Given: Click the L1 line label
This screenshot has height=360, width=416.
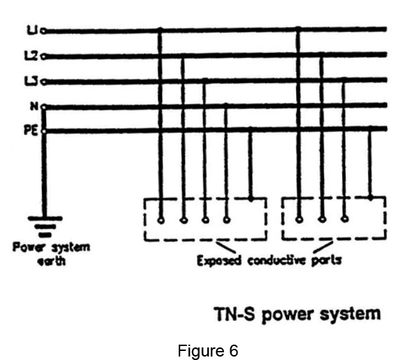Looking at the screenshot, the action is (32, 30).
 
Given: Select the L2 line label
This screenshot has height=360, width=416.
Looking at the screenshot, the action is (31, 56).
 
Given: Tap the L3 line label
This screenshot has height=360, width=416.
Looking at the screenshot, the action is (31, 81).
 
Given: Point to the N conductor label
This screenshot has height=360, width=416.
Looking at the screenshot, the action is (34, 106).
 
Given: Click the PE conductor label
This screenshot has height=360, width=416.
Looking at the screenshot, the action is (31, 130).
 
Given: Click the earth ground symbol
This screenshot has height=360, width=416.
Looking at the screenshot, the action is (45, 227).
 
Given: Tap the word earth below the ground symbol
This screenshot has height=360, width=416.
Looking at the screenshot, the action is (52, 261).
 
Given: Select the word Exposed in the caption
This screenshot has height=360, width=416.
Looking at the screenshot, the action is (219, 261).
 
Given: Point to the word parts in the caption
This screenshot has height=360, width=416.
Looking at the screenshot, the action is (326, 261).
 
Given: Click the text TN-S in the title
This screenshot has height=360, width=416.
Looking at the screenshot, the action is (234, 314).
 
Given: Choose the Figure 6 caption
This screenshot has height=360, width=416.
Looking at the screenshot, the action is (208, 350).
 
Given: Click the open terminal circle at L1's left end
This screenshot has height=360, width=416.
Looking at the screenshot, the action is (43, 31).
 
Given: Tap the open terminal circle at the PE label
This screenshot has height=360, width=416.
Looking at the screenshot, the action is (44, 131).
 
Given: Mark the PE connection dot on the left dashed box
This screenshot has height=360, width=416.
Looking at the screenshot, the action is (251, 199).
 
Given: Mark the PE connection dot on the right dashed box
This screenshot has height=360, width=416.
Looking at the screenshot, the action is (371, 197).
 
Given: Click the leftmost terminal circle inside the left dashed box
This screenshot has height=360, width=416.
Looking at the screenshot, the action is (161, 220).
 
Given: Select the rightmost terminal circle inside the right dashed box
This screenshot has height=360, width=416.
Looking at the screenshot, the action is (345, 219).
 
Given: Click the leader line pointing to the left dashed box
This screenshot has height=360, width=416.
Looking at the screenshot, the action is (225, 247).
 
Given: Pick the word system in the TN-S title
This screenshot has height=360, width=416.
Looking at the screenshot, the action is (350, 314).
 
